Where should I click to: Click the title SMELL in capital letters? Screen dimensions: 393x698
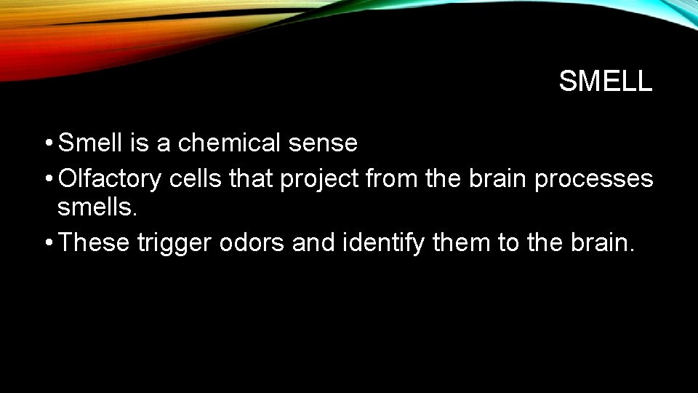click(605, 82)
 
